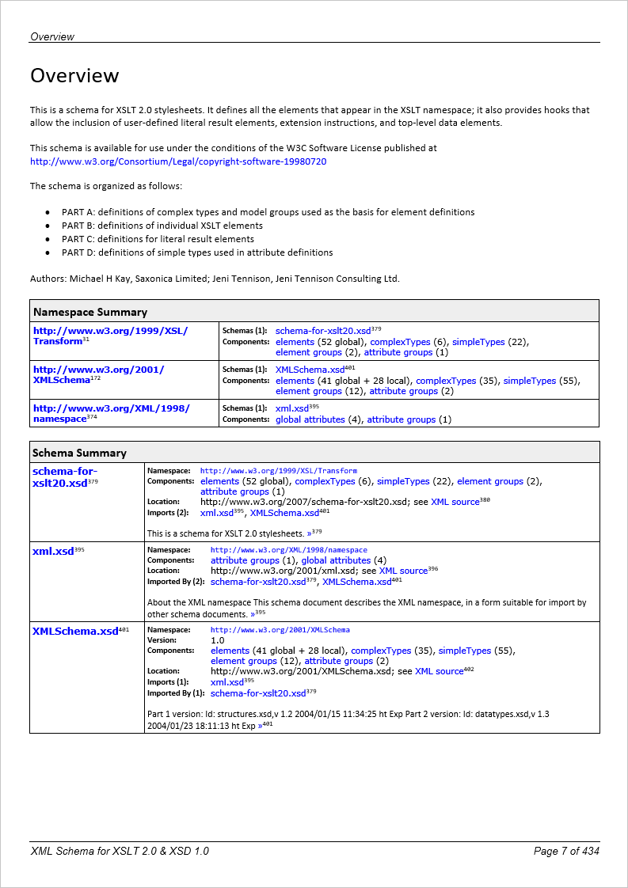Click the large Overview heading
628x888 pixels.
[74, 76]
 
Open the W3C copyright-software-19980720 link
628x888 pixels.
[178, 161]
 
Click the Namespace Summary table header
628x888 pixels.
[89, 312]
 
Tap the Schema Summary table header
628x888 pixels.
[79, 453]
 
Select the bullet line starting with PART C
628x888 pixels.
[158, 239]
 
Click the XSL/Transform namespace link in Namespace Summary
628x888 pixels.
[110, 336]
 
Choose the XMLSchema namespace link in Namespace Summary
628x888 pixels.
[98, 374]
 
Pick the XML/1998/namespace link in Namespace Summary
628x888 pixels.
[111, 413]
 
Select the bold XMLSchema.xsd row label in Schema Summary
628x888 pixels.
[74, 631]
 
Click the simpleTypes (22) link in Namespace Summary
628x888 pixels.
[478, 342]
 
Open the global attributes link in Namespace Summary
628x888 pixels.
[310, 419]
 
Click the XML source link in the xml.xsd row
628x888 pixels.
[403, 571]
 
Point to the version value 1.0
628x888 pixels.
[218, 640]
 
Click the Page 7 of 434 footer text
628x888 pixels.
[566, 851]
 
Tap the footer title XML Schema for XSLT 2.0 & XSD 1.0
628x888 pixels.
[120, 851]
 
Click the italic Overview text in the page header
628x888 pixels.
[52, 36]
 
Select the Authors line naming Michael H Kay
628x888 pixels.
[215, 278]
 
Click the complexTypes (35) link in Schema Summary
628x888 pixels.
[381, 651]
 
